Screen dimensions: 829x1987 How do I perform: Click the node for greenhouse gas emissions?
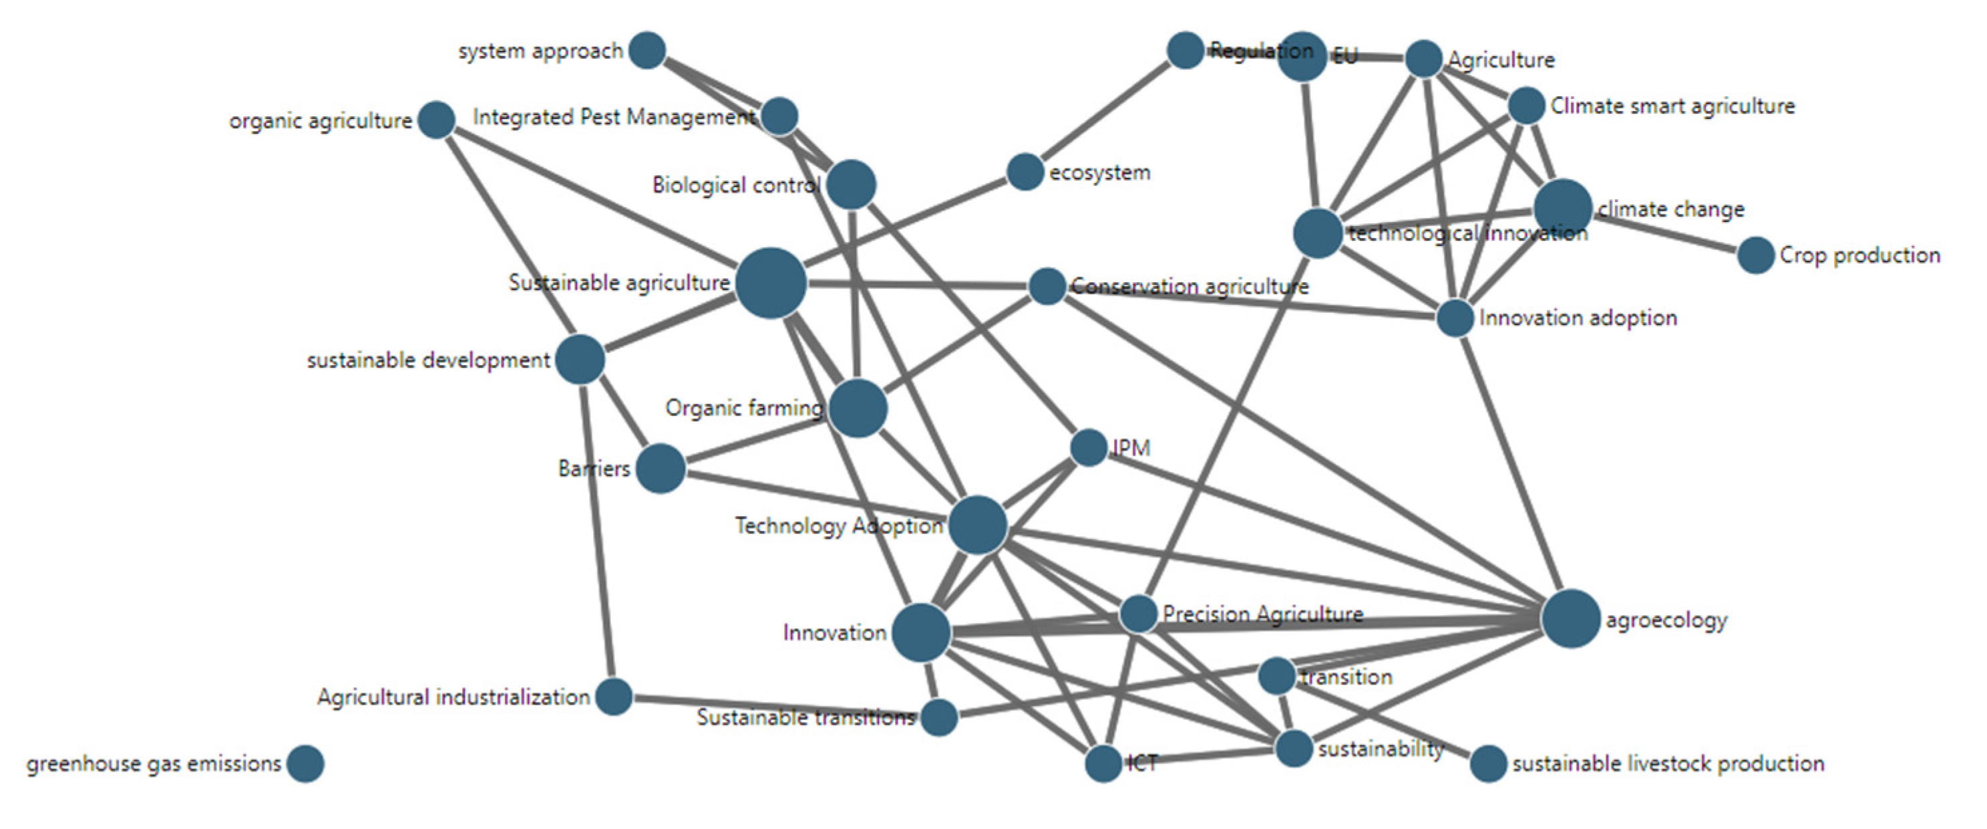click(x=305, y=764)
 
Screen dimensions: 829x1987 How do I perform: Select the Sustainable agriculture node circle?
click(x=771, y=283)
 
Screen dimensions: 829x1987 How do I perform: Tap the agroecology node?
click(x=1570, y=618)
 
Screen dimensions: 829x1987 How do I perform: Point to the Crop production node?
click(x=1756, y=255)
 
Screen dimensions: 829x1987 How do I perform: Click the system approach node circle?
click(x=647, y=51)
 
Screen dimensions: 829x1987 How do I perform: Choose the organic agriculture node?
click(x=437, y=120)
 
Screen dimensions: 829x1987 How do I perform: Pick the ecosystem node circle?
click(x=1025, y=171)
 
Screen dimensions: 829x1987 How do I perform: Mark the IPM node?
click(x=1089, y=448)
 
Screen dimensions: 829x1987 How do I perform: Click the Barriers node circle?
click(x=661, y=468)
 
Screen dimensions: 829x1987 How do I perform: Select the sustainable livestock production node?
click(x=1488, y=764)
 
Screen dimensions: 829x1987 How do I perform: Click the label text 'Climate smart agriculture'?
click(x=1672, y=106)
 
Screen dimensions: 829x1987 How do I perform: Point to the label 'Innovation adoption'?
click(x=1578, y=318)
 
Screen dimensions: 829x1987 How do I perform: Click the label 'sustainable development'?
click(x=428, y=360)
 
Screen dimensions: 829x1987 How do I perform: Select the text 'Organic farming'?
click(x=743, y=408)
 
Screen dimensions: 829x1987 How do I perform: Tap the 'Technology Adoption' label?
click(x=838, y=525)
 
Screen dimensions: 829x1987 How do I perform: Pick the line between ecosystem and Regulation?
click(x=1105, y=111)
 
